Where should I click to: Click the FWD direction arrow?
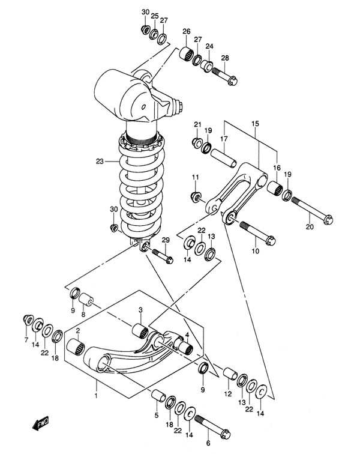coord(41,423)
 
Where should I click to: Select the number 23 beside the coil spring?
coord(100,162)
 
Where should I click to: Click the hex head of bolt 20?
coord(328,220)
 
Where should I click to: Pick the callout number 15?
coord(255,124)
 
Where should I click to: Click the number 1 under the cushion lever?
coord(96,395)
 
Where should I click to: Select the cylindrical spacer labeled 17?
coord(223,157)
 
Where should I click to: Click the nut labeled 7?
coord(28,319)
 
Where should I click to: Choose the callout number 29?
coord(166,240)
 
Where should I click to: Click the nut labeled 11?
coord(196,197)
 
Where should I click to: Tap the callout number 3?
coord(140,310)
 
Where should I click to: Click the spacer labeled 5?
coord(158,395)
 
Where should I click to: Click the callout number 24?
coord(209,46)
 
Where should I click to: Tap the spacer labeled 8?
coord(85,300)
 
